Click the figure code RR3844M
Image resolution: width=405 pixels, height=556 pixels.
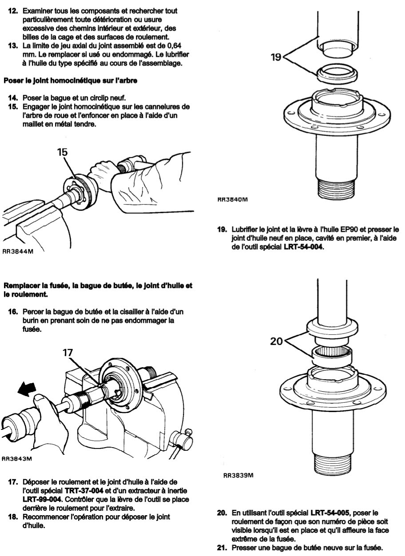point(18,252)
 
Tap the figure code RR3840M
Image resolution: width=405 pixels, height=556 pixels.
point(233,199)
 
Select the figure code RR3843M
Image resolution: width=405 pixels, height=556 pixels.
point(17,459)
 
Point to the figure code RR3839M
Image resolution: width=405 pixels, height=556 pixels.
point(238,475)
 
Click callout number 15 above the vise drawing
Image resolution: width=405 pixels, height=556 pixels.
point(62,152)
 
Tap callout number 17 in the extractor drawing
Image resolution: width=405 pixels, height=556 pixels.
point(68,353)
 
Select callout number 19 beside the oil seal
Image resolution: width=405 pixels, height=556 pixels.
point(276,57)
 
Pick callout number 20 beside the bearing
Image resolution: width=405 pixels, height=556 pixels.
point(277,342)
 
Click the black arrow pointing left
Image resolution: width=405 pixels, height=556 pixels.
point(27,388)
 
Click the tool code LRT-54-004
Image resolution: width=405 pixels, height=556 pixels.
point(303,247)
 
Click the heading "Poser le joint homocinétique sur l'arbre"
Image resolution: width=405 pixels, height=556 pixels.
point(71,81)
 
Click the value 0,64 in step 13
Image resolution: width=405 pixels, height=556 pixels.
point(174,46)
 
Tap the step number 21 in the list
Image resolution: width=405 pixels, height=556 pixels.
point(222,547)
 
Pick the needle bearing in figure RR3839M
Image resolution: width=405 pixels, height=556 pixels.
point(332,357)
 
